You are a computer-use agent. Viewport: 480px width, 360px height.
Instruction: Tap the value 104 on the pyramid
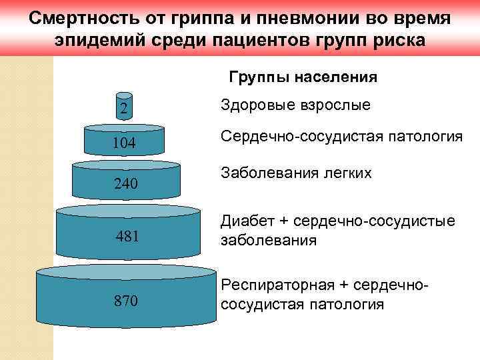coord(124,143)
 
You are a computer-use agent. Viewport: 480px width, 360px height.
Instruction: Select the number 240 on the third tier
coord(126,184)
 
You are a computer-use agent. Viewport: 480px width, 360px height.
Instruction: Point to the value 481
coord(127,235)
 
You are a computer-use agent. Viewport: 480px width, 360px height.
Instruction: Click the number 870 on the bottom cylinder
coord(126,301)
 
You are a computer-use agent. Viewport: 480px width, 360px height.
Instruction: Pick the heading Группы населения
coord(303,77)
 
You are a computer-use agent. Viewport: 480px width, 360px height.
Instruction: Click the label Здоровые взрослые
coord(295,105)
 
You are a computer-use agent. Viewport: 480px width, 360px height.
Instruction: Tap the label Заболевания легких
coord(295,173)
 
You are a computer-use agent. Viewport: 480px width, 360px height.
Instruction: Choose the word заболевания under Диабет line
coord(268,240)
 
